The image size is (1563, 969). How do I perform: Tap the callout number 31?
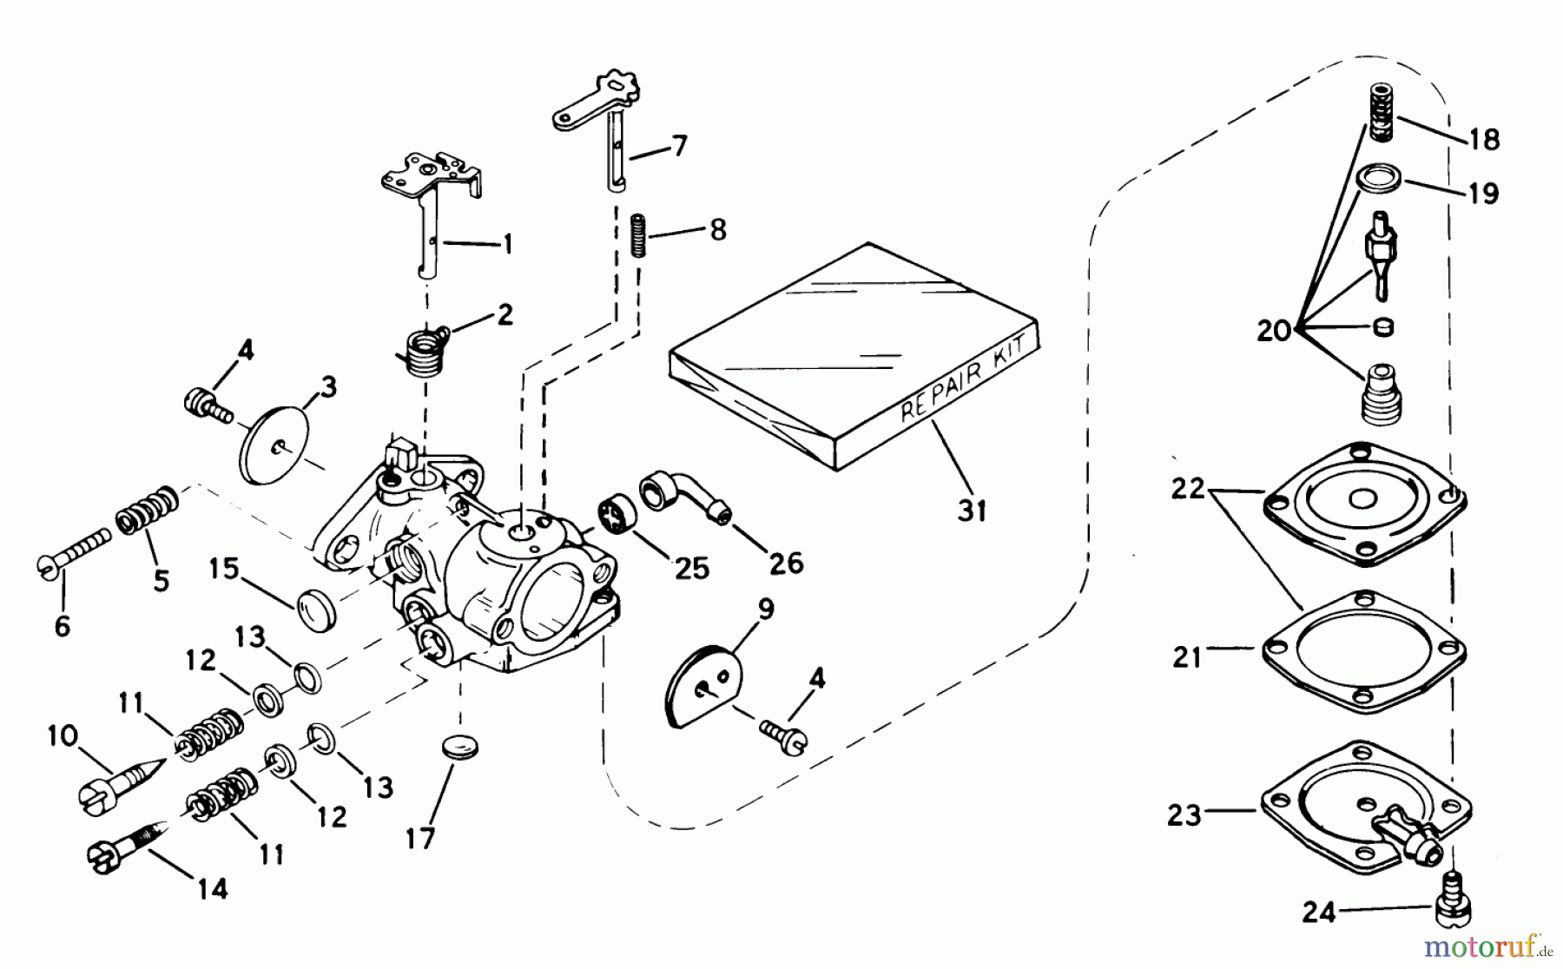coord(972,511)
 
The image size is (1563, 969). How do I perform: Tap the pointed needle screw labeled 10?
coord(122,780)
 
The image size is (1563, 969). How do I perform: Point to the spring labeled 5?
coord(148,511)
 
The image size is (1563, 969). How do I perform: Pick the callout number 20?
coord(1274,331)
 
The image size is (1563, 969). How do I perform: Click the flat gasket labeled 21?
coord(1363,651)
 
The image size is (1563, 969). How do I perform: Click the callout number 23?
coord(1184,814)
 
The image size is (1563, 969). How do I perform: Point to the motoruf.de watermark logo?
coord(1484,943)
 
